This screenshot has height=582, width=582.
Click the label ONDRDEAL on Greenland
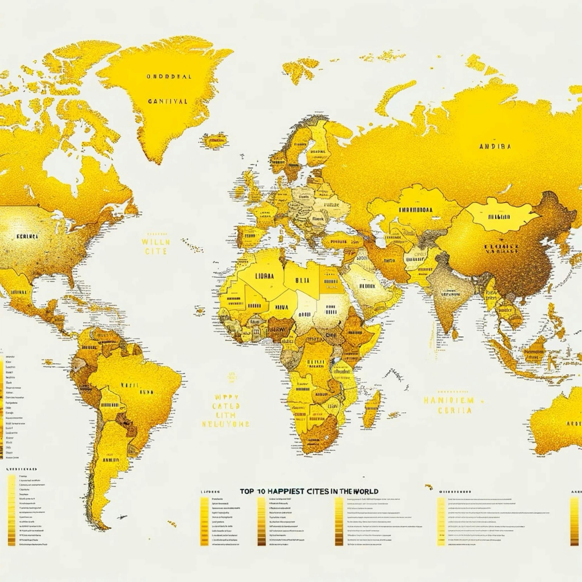169,76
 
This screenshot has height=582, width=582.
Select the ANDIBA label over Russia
495,147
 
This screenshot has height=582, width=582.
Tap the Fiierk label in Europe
318,219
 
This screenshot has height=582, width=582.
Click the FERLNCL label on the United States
27,236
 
